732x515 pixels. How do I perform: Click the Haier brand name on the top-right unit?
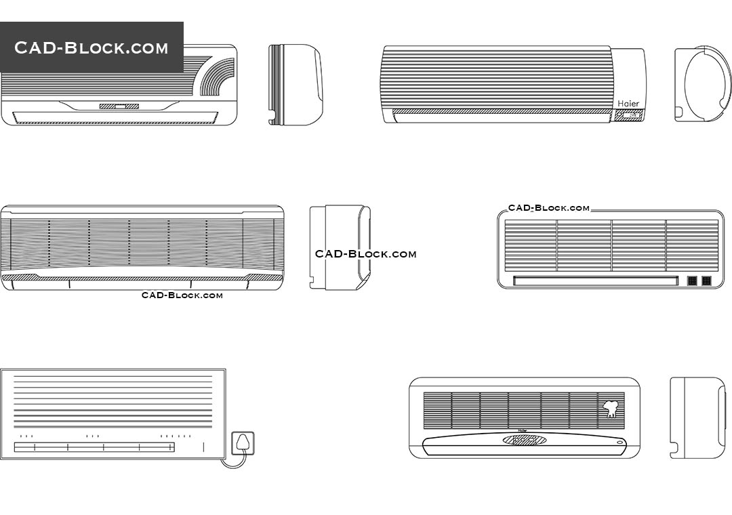(628, 104)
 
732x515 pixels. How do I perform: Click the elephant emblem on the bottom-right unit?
(610, 409)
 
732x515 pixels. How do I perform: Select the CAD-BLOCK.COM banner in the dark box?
(91, 47)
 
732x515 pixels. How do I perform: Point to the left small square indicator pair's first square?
(693, 281)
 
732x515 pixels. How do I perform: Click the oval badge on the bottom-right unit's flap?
(525, 440)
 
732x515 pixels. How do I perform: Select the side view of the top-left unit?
(295, 85)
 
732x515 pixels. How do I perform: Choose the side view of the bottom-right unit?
(697, 417)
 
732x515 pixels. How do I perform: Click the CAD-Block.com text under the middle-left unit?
(182, 295)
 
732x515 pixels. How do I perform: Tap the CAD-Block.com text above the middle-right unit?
(549, 208)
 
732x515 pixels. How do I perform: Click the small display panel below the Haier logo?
(628, 116)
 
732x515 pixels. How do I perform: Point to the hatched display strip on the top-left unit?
(119, 106)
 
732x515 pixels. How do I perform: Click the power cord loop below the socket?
(234, 462)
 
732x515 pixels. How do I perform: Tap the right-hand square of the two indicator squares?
(706, 281)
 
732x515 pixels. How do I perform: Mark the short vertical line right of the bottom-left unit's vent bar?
(203, 447)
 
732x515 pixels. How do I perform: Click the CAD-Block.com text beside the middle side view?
(365, 254)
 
